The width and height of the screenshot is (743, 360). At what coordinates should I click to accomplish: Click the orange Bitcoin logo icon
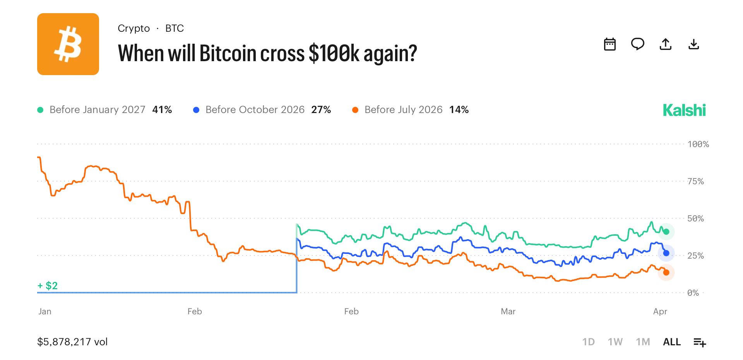68,44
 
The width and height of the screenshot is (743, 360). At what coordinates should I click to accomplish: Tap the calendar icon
610,44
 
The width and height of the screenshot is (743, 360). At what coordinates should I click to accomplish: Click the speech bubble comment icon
637,44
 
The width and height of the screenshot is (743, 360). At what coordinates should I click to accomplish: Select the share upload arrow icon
666,44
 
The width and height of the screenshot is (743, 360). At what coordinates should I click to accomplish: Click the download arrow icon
694,44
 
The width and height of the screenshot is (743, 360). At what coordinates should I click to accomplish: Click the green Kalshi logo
684,110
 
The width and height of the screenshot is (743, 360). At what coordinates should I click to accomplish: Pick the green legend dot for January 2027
40,110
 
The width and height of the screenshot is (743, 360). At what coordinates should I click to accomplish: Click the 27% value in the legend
321,110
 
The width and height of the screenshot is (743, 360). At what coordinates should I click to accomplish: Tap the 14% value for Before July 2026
459,110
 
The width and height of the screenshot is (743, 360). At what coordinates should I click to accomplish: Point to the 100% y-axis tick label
698,144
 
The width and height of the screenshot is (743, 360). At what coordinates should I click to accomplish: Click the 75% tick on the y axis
695,182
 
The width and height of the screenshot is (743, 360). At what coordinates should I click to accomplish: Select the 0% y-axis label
693,293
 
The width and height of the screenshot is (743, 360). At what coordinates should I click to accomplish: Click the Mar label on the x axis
508,312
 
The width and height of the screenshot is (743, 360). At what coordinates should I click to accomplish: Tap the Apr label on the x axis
660,312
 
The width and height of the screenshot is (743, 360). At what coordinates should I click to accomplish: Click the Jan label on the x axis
45,312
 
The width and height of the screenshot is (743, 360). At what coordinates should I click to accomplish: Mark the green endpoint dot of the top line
666,232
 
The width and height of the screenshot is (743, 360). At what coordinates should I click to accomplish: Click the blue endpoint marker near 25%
666,253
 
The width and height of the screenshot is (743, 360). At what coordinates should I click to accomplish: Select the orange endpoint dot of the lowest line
666,273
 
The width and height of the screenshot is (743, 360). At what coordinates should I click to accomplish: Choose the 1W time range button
615,342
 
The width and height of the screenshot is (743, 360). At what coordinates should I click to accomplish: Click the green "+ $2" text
48,286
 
